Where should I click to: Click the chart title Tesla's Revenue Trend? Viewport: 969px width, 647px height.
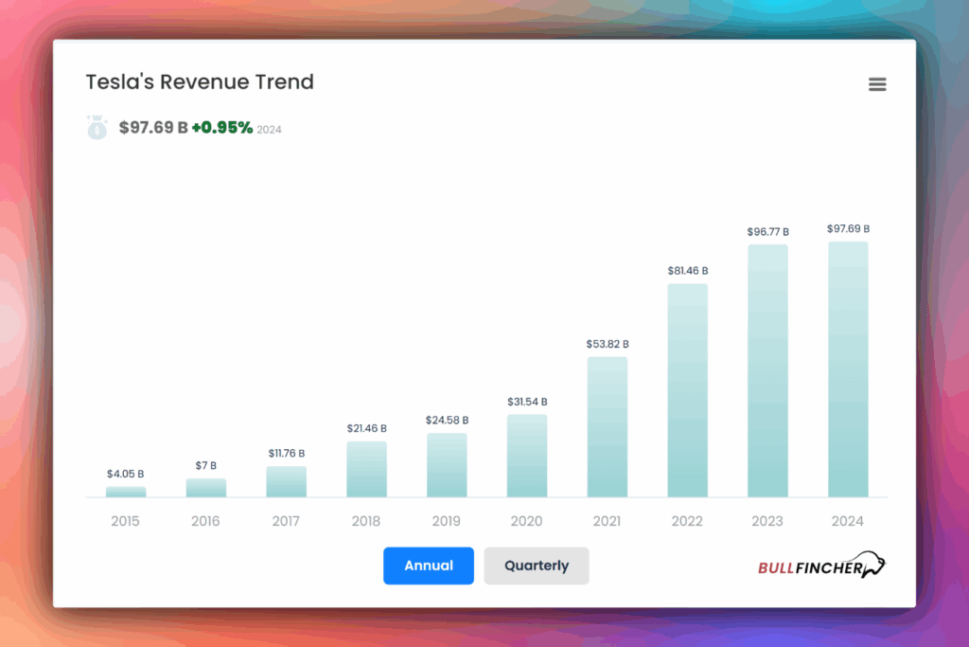(x=200, y=82)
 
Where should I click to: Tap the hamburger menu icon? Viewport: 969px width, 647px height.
(x=877, y=84)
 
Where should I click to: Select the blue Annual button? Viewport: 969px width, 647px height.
(x=429, y=566)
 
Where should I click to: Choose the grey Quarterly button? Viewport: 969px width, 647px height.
(x=537, y=566)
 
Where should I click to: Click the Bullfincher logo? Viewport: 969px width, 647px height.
(x=821, y=566)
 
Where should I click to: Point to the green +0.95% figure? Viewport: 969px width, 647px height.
(x=222, y=128)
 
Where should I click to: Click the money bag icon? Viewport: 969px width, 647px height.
(x=97, y=128)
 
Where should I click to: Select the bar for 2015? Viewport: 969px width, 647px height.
(x=126, y=492)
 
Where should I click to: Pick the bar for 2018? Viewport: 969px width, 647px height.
(x=366, y=469)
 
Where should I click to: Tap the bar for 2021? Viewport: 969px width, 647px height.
(x=608, y=426)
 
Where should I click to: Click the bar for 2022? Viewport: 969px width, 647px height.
(x=688, y=390)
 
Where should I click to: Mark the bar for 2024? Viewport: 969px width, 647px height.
(x=848, y=369)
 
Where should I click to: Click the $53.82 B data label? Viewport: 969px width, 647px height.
(x=608, y=344)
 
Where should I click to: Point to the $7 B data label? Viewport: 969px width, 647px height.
(x=206, y=465)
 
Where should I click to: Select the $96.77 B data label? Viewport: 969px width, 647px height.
(x=767, y=231)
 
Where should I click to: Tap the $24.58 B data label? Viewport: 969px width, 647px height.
(x=447, y=420)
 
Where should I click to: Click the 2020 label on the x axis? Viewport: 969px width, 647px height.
(x=527, y=521)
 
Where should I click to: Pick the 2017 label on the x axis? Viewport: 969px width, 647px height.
(x=286, y=521)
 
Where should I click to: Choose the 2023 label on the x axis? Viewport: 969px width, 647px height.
(x=767, y=521)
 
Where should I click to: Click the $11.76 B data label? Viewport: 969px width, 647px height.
(x=286, y=454)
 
